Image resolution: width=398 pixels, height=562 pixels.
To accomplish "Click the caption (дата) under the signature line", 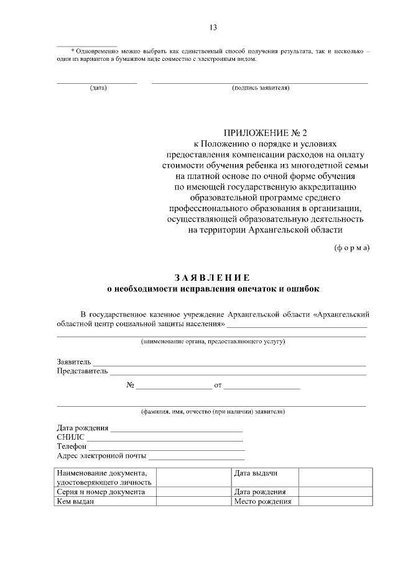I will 98,88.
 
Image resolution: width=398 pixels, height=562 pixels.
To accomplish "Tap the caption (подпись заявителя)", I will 260,88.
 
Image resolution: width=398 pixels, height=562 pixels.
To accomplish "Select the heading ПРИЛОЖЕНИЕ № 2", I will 266,132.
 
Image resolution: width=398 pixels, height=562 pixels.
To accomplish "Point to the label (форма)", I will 352,247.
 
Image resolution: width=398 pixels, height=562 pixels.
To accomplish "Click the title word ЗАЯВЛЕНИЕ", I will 211,277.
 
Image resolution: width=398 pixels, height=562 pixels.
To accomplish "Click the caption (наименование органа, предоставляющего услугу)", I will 212,342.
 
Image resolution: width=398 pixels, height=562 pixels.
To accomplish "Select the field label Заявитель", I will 74,361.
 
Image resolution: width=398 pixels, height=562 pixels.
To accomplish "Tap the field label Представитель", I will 82,371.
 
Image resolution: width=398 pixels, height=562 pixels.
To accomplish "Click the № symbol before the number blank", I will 131,385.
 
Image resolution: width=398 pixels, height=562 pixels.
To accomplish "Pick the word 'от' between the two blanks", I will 218,386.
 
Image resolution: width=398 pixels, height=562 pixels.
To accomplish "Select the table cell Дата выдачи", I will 255,473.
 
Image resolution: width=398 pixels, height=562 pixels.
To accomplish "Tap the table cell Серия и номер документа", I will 100,491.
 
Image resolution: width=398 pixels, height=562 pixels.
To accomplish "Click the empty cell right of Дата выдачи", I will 331,477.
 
